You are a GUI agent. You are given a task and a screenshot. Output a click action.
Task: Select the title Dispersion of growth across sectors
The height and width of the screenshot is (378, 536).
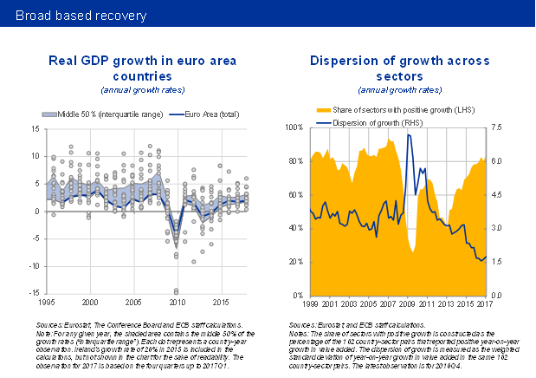point(399,68)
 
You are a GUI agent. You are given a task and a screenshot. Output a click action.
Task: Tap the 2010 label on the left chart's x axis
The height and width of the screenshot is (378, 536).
point(177,303)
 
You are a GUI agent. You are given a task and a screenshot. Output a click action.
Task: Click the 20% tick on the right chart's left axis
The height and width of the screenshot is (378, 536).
point(294,262)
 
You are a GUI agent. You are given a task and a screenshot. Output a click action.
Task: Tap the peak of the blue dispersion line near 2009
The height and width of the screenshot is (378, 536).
point(409,135)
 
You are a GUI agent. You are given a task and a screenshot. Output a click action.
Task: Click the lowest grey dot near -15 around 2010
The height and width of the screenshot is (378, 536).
point(177,292)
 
